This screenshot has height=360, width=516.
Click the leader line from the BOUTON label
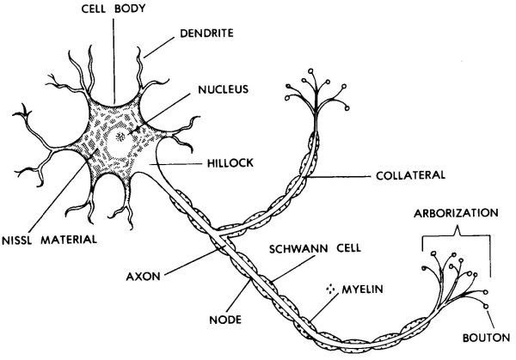point(485,320)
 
